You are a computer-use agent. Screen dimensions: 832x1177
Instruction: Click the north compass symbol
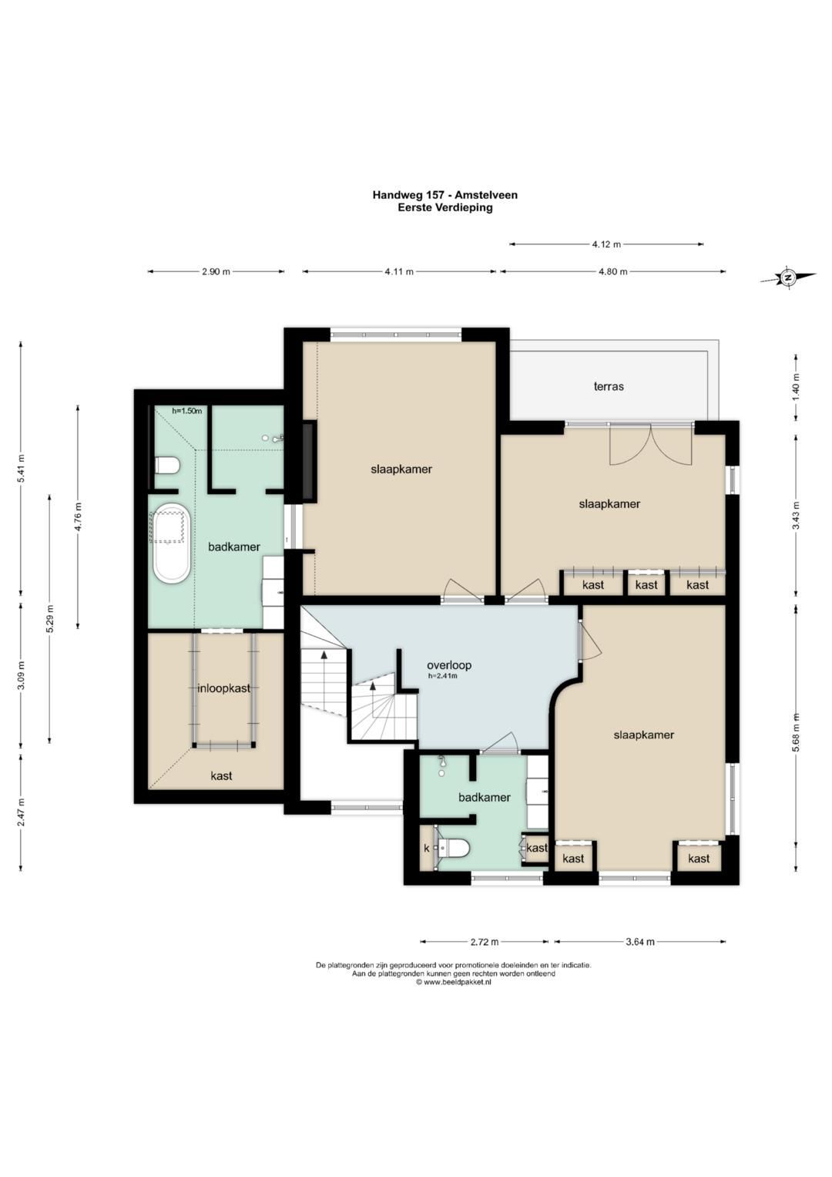(x=788, y=277)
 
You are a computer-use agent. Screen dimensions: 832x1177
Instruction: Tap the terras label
(x=609, y=387)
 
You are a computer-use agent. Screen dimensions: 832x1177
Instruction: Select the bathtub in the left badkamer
(x=171, y=543)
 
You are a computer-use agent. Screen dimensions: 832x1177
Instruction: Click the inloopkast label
(x=223, y=688)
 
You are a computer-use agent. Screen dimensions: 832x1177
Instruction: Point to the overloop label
(x=449, y=665)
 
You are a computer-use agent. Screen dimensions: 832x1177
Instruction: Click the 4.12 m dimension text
(x=606, y=244)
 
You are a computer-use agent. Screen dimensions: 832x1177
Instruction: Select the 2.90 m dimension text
(x=216, y=271)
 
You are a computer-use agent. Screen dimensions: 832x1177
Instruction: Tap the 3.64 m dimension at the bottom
(x=639, y=942)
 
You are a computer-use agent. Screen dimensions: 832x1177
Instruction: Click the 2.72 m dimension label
(x=485, y=942)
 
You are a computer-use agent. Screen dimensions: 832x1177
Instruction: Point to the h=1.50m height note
(x=187, y=411)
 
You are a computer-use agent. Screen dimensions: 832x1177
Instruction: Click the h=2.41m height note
(x=442, y=676)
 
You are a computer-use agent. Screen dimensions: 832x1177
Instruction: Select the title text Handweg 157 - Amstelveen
(x=445, y=195)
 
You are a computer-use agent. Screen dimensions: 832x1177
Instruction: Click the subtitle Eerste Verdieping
(x=445, y=207)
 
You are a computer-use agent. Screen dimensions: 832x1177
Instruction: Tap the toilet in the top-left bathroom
(x=168, y=465)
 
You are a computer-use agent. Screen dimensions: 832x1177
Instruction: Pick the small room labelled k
(x=427, y=848)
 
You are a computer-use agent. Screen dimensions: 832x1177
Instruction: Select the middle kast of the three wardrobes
(x=646, y=584)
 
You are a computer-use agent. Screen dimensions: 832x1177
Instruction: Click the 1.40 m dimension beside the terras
(x=796, y=387)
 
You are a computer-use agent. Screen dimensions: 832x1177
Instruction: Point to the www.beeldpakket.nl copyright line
(x=453, y=981)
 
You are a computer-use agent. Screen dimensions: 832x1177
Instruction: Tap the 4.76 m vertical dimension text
(x=79, y=516)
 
